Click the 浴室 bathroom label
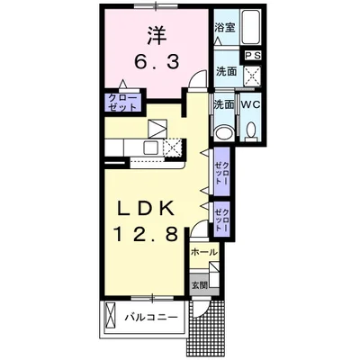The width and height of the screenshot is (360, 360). point(224,28)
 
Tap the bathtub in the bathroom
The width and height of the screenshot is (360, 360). point(251,27)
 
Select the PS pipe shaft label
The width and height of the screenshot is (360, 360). point(254,56)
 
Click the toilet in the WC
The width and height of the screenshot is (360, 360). point(251,132)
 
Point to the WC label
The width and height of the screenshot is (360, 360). point(251,104)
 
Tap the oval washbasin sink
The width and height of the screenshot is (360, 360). point(224,132)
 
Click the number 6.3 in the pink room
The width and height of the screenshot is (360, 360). point(157,62)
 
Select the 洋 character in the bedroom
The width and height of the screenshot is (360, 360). point(157,35)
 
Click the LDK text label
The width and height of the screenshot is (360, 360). point(146,208)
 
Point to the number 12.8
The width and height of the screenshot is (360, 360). point(146,234)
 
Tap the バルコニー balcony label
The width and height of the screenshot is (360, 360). point(151,317)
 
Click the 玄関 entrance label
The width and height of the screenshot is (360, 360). point(200,285)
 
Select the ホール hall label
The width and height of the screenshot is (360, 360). point(204,252)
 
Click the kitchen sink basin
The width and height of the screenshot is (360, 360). point(151,148)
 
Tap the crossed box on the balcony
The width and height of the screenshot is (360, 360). point(110,315)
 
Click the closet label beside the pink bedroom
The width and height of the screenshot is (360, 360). point(122,103)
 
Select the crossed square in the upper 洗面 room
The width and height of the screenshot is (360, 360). point(251,76)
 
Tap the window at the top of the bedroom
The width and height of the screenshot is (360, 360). point(156,6)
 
